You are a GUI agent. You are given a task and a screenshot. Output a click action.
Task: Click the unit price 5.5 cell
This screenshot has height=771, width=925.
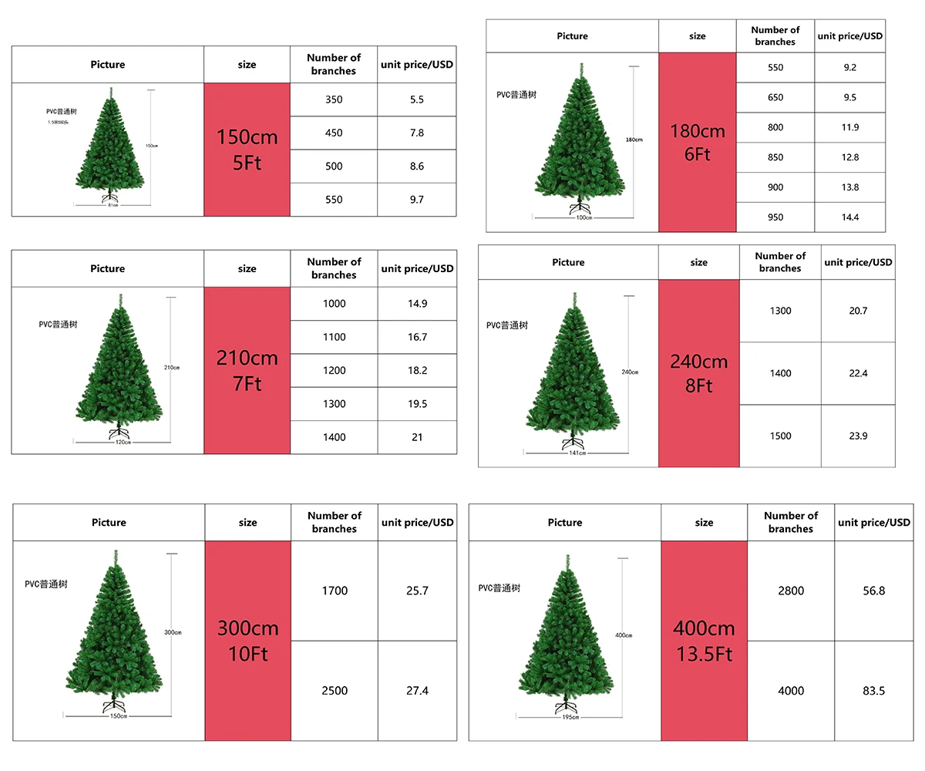(x=417, y=99)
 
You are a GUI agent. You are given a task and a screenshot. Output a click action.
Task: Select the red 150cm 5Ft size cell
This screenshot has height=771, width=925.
(x=247, y=150)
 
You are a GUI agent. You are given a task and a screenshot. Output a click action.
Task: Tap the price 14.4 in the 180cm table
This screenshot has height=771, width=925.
(x=850, y=217)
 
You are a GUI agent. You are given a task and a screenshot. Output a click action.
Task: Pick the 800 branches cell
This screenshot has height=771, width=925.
(x=775, y=127)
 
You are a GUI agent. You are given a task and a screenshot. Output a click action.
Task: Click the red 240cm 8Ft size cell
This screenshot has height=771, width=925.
(x=698, y=373)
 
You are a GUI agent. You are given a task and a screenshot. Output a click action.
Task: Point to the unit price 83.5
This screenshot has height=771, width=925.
(x=873, y=691)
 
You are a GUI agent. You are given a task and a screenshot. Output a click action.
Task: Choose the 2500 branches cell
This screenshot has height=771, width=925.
(x=335, y=691)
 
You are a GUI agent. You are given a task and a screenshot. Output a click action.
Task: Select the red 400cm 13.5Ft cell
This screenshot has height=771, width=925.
(x=704, y=641)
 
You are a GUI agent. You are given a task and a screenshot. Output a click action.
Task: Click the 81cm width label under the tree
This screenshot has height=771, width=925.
(x=113, y=205)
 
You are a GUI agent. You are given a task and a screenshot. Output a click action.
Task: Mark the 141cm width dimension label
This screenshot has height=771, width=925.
(x=577, y=453)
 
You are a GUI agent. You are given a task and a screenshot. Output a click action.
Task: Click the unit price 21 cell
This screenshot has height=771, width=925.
(x=417, y=437)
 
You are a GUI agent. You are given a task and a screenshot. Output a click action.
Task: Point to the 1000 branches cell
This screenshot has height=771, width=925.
(x=334, y=304)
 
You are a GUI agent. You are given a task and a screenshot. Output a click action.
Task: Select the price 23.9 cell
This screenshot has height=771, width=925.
(x=858, y=436)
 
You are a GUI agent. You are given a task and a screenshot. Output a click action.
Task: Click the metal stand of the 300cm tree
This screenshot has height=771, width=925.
(x=114, y=706)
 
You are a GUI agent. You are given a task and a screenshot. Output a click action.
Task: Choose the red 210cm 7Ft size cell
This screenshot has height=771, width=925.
(x=247, y=370)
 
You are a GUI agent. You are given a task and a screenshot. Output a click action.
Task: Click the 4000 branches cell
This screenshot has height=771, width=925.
(x=791, y=691)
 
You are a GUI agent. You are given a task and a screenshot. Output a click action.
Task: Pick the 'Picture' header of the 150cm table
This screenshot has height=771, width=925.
(x=107, y=65)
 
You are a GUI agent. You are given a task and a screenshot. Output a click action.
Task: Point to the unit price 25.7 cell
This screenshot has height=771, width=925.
(x=417, y=591)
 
